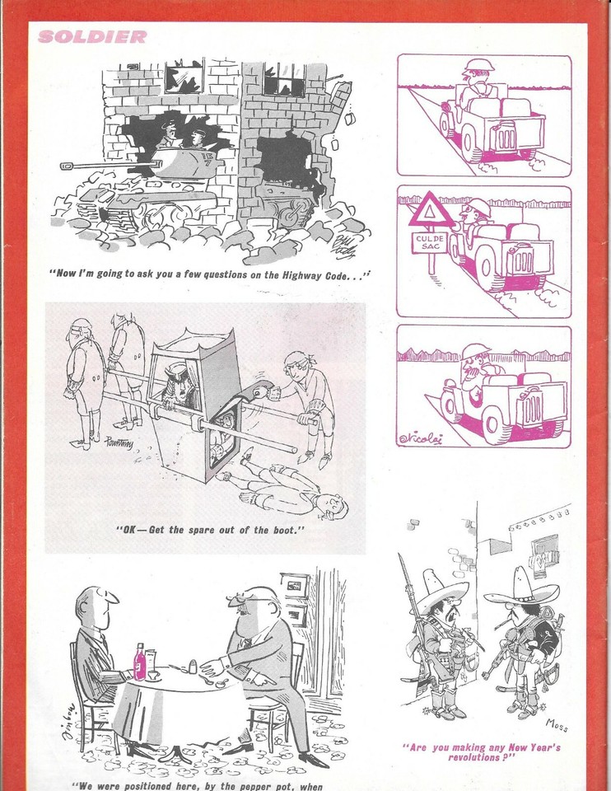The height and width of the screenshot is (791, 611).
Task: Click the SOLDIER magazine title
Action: [92, 36]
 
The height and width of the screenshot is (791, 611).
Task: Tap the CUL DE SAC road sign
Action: [430, 241]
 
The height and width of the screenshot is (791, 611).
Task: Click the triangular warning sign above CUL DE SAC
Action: [428, 211]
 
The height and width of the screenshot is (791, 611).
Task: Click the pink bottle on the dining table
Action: [140, 662]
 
